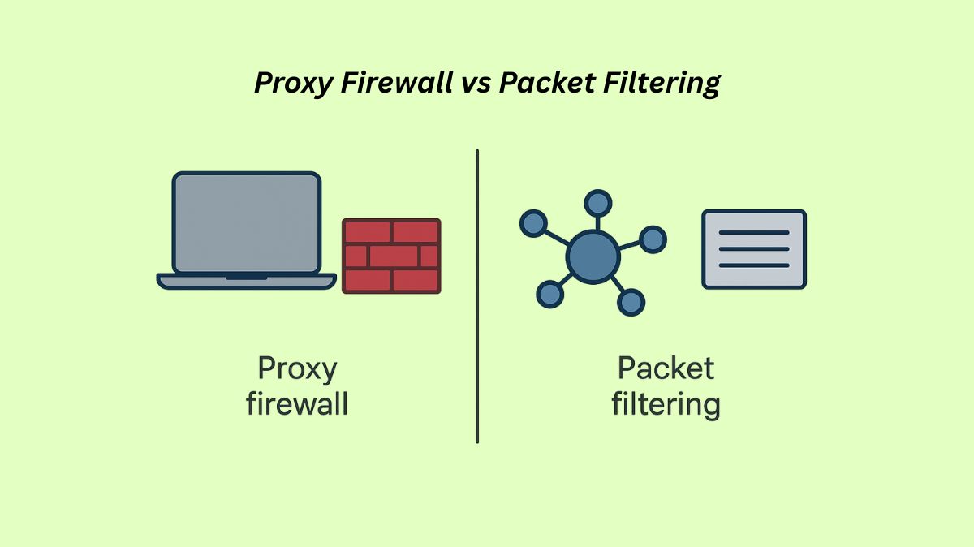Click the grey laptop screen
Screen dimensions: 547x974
tap(246, 222)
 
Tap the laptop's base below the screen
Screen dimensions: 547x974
tap(246, 281)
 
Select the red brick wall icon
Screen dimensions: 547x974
tap(391, 256)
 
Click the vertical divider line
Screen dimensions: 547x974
tap(477, 296)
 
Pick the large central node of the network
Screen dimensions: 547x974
tap(593, 256)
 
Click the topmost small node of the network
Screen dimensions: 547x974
tap(598, 203)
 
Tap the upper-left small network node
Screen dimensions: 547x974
tap(533, 222)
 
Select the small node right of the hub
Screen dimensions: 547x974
tap(653, 239)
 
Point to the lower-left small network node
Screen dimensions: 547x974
tap(550, 294)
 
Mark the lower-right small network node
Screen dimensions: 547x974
tap(631, 302)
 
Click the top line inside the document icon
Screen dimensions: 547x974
tap(754, 233)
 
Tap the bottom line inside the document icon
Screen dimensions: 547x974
tap(754, 265)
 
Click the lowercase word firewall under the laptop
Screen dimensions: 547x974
tap(297, 403)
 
